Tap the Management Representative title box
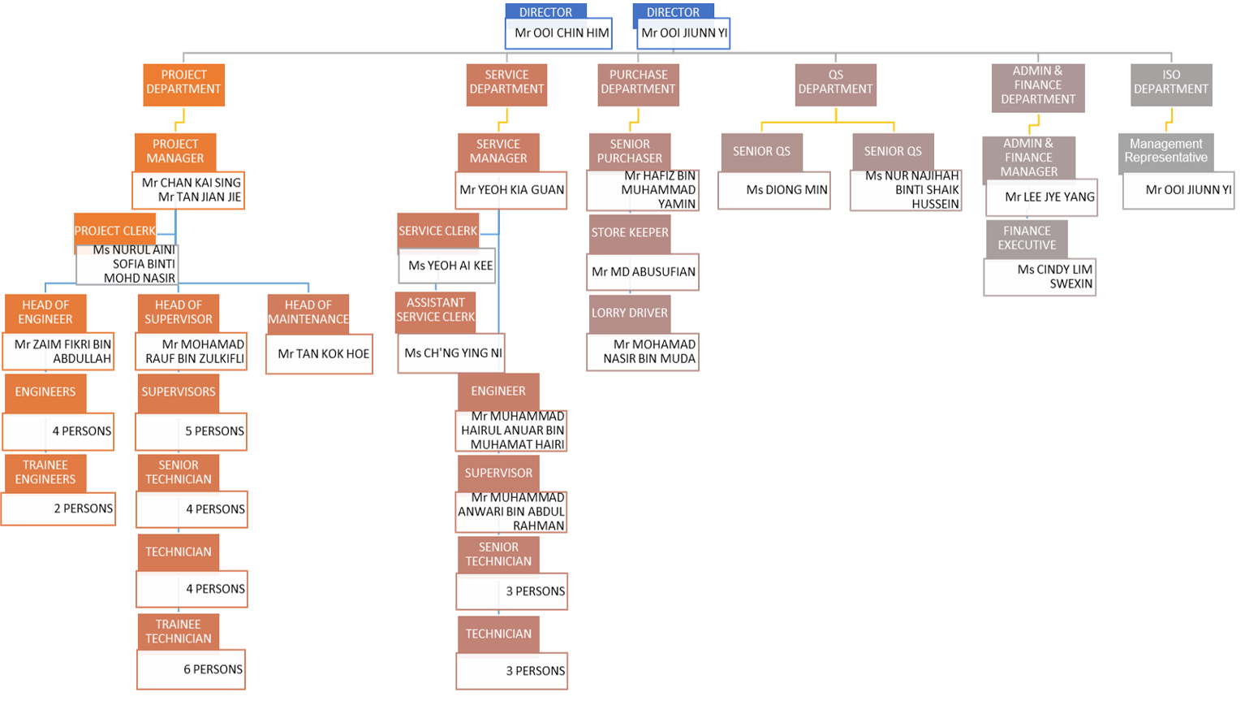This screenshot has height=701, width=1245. click(x=1165, y=152)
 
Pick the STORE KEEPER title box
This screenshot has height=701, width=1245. click(x=630, y=233)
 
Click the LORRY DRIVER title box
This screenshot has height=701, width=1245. click(x=630, y=314)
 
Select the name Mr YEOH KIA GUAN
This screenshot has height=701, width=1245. click(x=511, y=190)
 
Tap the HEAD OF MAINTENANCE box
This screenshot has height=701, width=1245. click(x=308, y=313)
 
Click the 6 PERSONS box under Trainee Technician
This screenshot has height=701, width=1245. click(x=192, y=669)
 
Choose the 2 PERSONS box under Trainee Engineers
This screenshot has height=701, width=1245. click(x=58, y=509)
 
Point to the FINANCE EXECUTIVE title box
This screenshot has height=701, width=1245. click(x=1027, y=238)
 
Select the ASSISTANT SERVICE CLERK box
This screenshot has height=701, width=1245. click(x=436, y=310)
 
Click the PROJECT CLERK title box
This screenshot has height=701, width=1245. click(x=114, y=231)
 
